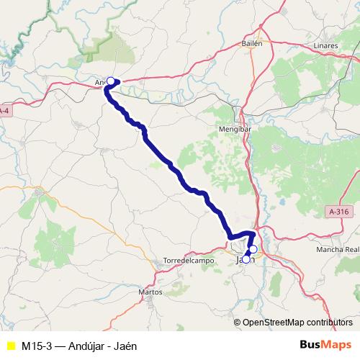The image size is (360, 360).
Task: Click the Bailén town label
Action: pos(252,43)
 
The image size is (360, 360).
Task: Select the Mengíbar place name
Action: pos(232,130)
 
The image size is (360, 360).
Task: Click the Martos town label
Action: pos(151,292)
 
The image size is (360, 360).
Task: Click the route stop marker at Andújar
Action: pos(111,81)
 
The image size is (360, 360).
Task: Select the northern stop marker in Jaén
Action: pos(253,249)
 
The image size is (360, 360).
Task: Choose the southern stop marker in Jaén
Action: pos(246,259)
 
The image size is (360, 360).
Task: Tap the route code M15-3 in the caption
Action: pos(36,346)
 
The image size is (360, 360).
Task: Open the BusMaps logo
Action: pos(325,345)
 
